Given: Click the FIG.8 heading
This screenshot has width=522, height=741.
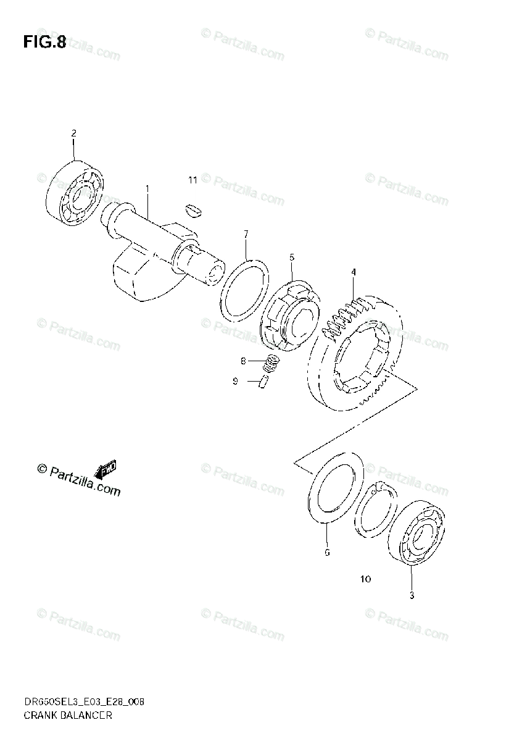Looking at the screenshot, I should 44,42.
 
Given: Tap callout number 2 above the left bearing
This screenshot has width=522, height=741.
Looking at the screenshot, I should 73,133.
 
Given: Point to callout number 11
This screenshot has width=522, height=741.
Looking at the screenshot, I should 193,180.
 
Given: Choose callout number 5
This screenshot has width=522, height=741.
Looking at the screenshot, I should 292,256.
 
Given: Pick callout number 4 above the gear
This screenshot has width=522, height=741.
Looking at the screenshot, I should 354,272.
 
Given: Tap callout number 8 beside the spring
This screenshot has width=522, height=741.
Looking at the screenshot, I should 243,360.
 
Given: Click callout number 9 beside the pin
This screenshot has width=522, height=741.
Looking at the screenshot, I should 235,382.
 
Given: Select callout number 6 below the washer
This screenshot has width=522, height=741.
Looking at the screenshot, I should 327,552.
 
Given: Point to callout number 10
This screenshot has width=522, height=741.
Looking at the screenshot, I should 365,579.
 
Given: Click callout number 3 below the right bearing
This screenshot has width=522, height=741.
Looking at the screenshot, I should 412,595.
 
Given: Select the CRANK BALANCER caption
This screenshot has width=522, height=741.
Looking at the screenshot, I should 68,716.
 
